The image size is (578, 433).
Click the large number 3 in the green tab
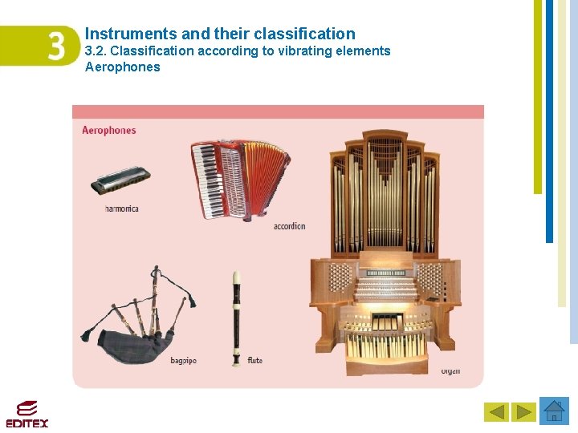pyautogui.click(x=56, y=46)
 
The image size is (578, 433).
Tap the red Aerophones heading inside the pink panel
pyautogui.click(x=109, y=130)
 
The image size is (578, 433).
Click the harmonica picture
pyautogui.click(x=121, y=181)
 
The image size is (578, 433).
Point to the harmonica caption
pyautogui.click(x=122, y=208)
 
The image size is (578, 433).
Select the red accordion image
pyautogui.click(x=239, y=180)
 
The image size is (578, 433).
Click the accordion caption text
pyautogui.click(x=289, y=226)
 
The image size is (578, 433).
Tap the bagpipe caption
pyautogui.click(x=183, y=361)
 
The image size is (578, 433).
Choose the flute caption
pyautogui.click(x=255, y=361)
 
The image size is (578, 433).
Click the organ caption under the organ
pyautogui.click(x=451, y=371)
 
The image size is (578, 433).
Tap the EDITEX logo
pyautogui.click(x=27, y=414)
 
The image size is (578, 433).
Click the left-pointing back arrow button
pyautogui.click(x=496, y=412)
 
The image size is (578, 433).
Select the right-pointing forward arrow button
pyautogui.click(x=524, y=412)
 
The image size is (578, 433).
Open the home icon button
pyautogui.click(x=554, y=411)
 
